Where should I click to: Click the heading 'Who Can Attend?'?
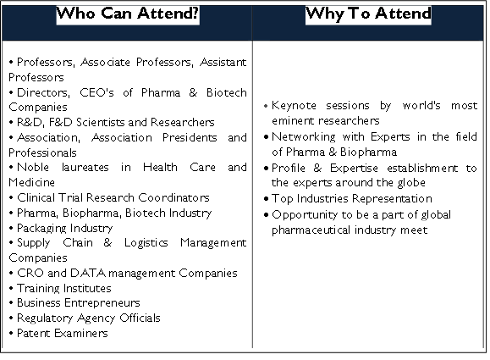point(128,14)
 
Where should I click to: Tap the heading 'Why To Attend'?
point(368,14)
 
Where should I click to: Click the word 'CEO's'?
point(96,92)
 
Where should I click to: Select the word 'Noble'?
point(33,167)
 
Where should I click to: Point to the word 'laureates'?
point(85,167)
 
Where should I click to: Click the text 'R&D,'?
point(30,122)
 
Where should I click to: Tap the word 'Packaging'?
point(37,229)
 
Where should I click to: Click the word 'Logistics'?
point(146,243)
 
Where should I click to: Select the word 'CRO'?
point(30,273)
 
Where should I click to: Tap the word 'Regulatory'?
point(45,318)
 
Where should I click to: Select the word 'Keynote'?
point(294,106)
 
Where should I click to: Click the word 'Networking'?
point(304,137)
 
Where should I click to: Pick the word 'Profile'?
point(288,168)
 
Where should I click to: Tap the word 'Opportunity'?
point(305,215)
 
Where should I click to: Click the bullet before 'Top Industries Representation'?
point(267,199)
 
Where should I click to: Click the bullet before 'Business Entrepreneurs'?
point(11,302)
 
